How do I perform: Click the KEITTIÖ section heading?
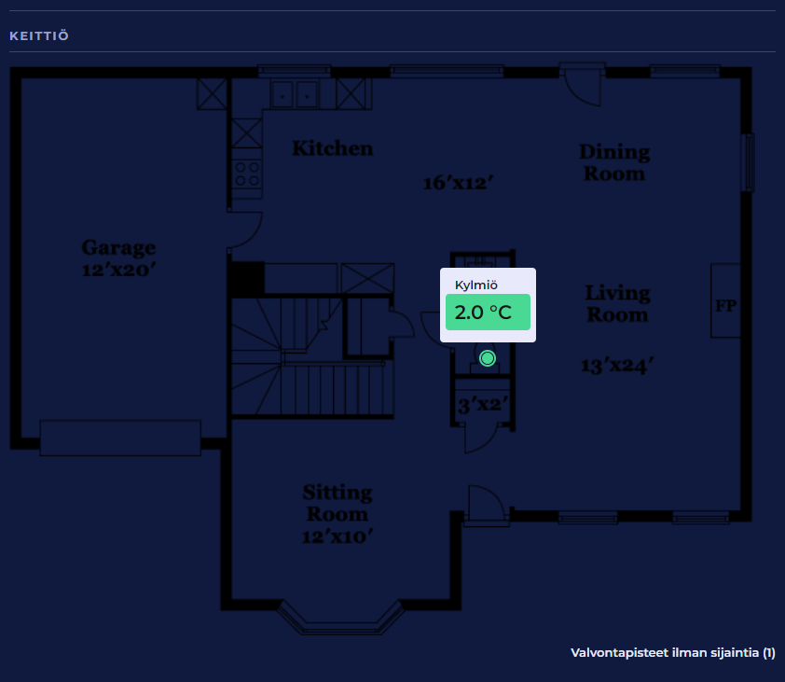coord(39,36)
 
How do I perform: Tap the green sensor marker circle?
coord(487,358)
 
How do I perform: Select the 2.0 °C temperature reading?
coord(483,313)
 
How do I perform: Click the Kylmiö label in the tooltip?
coord(476,285)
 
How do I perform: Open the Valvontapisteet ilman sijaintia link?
coord(673,652)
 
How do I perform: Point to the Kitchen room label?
coord(333,148)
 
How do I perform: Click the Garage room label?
coord(118,248)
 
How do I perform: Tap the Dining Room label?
coord(614,163)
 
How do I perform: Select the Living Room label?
coord(618,303)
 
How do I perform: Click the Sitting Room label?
coord(337,503)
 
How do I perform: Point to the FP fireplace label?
coord(726,305)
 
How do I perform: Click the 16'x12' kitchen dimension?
coord(458,183)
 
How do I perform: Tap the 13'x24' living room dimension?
coord(617,365)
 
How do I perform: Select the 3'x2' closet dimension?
coord(483,404)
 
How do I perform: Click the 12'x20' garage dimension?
coord(118,270)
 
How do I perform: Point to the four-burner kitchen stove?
coord(247,174)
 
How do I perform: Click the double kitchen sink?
coord(295,94)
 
